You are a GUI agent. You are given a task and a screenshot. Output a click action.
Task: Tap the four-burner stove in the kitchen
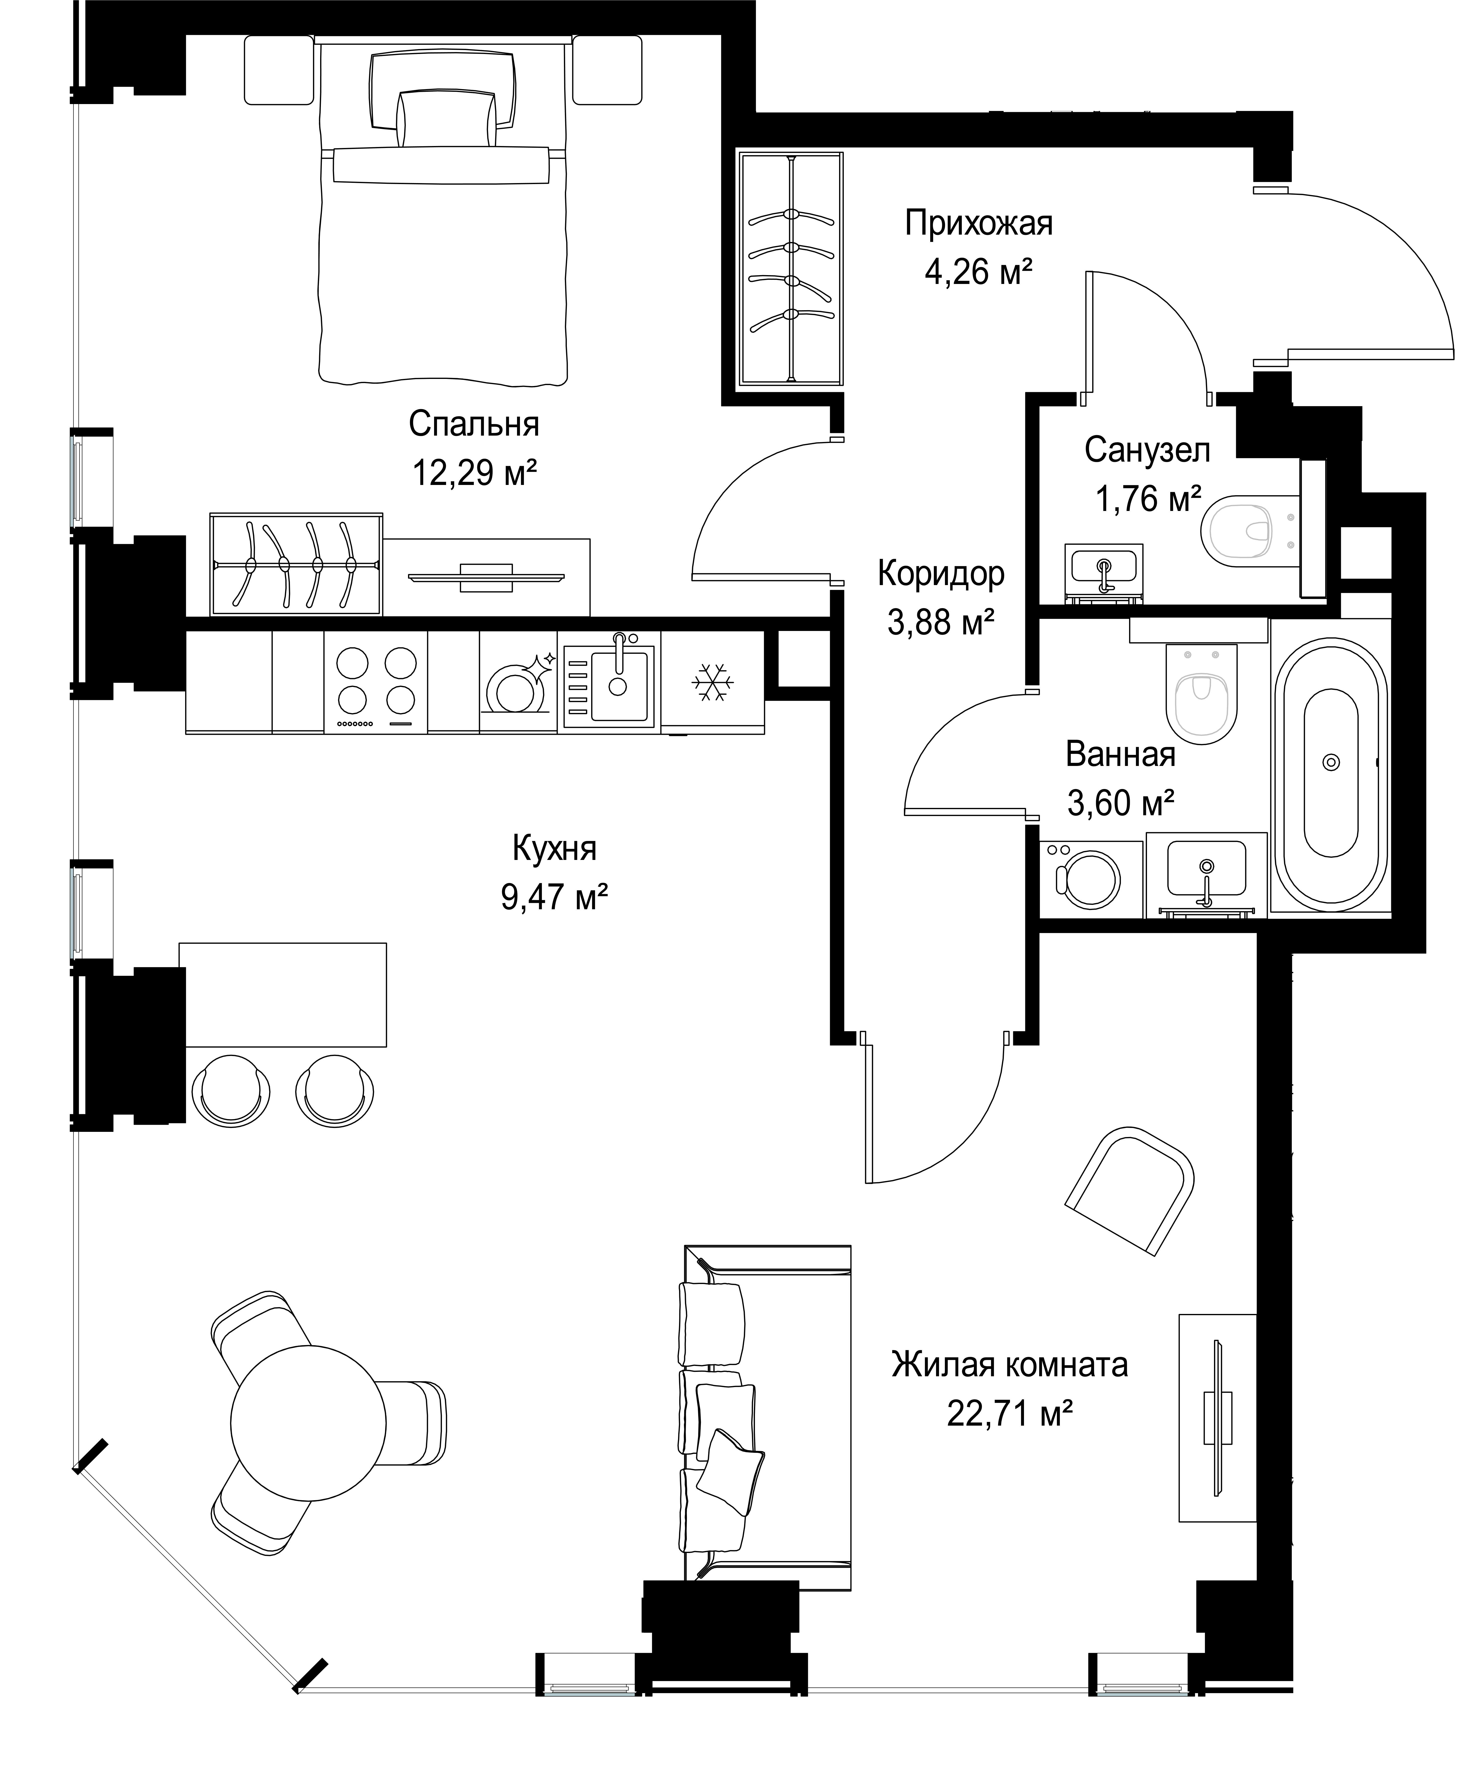376,682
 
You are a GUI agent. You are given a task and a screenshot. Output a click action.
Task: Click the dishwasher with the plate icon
518,682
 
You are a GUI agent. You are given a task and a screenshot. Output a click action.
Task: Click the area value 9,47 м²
554,898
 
